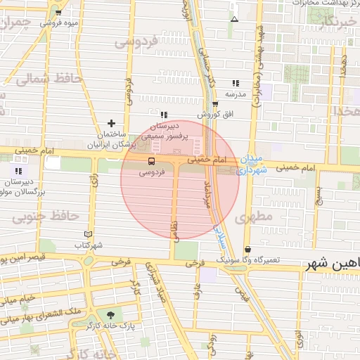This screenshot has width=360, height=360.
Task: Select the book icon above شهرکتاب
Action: (x=88, y=234)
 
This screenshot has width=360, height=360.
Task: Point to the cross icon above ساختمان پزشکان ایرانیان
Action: (x=111, y=123)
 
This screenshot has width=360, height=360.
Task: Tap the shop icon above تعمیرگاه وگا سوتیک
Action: (x=247, y=250)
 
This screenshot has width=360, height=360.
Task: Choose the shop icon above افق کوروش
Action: (x=214, y=104)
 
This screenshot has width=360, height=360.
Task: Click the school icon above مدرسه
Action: (x=235, y=83)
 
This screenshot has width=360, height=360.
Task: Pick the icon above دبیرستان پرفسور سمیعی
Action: (x=163, y=115)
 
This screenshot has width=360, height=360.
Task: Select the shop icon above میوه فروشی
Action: (x=58, y=13)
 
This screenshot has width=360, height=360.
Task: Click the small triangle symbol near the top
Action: (x=234, y=20)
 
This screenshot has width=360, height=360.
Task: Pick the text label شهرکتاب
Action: (x=89, y=245)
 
